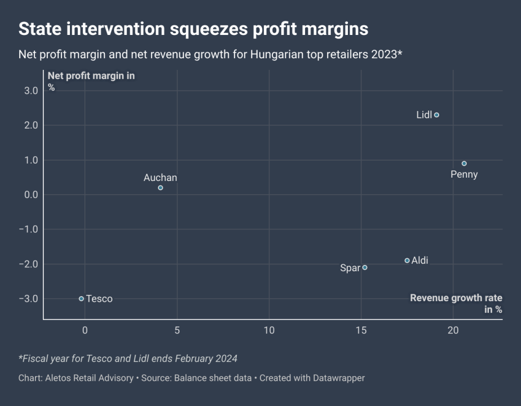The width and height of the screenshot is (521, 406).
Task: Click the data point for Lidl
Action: (436, 115)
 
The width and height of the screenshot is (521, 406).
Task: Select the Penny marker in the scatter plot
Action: (464, 164)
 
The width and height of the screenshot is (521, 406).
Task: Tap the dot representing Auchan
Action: (161, 188)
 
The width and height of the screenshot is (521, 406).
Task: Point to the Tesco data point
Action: (81, 299)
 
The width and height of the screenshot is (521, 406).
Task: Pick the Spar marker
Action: (365, 267)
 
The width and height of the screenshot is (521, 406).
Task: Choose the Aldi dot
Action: (407, 261)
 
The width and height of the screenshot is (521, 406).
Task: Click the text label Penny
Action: (464, 175)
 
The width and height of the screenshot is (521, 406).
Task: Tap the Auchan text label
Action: (160, 178)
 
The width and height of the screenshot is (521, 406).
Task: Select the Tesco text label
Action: (99, 299)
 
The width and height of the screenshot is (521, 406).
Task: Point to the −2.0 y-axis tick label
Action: (28, 264)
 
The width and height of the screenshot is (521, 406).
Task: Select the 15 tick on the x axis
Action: (361, 330)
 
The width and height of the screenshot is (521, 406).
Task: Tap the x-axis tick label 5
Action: (177, 330)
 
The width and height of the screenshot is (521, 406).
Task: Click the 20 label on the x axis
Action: (453, 330)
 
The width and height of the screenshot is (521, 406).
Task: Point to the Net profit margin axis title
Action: (91, 76)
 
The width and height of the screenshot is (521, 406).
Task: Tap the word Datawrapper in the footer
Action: (337, 378)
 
